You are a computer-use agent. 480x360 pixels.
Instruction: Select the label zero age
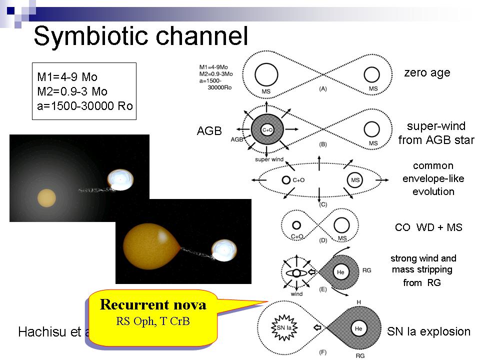[x=427, y=73]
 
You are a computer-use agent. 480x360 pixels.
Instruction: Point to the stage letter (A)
[x=323, y=88]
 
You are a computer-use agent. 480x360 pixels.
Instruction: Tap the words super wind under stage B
[x=269, y=159]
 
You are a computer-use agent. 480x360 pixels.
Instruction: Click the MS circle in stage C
[x=354, y=179]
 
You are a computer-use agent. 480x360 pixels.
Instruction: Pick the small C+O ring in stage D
[x=296, y=225]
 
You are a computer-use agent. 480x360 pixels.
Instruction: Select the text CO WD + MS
[x=428, y=228]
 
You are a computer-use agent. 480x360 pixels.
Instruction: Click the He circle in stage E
[x=340, y=272]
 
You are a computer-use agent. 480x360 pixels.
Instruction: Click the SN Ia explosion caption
[x=429, y=331]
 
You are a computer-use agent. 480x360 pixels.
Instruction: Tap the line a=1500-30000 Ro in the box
[x=85, y=106]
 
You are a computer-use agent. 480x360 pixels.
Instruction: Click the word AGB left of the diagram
[x=209, y=131]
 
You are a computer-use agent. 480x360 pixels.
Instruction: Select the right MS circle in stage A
[x=371, y=75]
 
